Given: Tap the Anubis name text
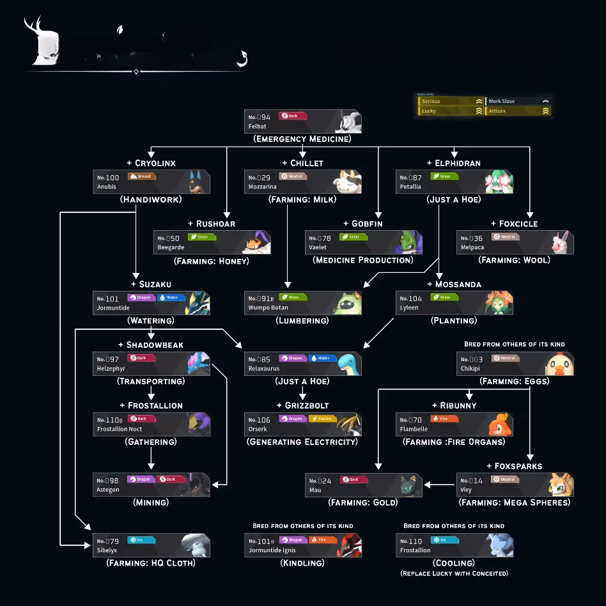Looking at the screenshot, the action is coord(107,187).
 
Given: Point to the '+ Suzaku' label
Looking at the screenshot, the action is coord(151,284).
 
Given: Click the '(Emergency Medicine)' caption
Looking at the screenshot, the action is coord(302,139).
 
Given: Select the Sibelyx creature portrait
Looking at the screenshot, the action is coord(196,545).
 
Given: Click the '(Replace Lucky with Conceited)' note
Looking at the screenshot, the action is coord(454,573).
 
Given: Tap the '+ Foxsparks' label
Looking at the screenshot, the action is coord(514,466).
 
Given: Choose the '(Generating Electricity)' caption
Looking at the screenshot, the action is coord(302,442).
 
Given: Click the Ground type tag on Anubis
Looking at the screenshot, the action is coord(141,176).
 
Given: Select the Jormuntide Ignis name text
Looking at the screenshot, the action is coord(272,550).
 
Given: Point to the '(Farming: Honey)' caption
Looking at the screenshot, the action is coord(212,260).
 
